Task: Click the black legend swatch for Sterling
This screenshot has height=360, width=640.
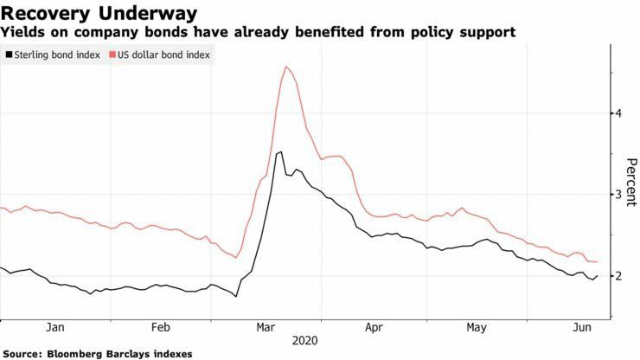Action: (9, 55)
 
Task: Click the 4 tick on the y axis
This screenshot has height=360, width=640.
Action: (618, 113)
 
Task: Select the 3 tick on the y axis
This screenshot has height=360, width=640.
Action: (618, 195)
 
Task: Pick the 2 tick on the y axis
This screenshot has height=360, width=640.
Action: (618, 276)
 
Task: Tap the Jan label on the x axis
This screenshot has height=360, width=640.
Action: (54, 329)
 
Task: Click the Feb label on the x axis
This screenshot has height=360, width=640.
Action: (161, 329)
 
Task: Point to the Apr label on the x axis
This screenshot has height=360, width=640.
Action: (374, 329)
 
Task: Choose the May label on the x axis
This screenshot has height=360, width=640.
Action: (477, 329)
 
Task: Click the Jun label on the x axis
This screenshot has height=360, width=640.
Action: (583, 329)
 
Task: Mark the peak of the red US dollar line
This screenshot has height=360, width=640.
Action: (285, 67)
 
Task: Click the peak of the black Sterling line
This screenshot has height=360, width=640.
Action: (279, 152)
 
